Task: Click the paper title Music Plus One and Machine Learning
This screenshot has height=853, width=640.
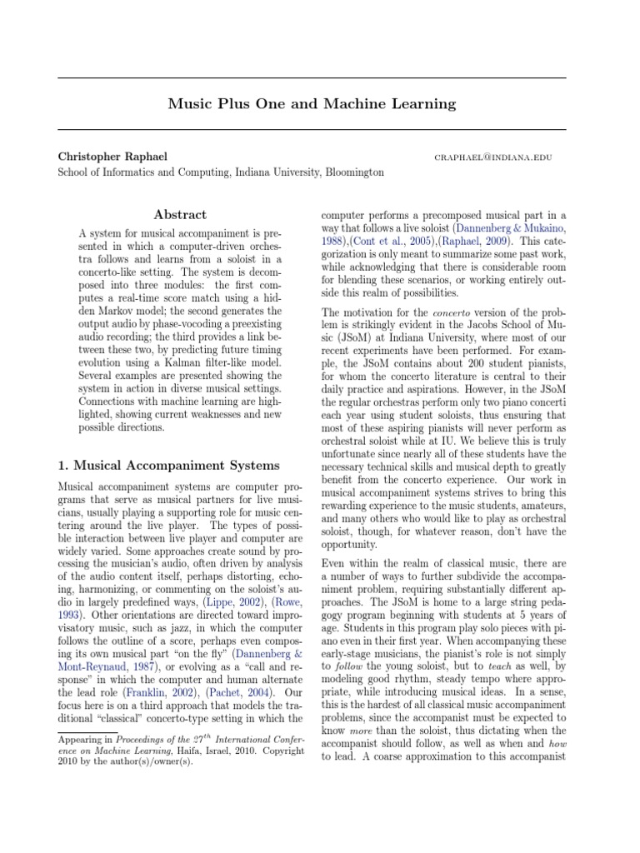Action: [312, 104]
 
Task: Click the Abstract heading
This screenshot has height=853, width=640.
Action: [180, 215]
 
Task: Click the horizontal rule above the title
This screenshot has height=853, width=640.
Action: [312, 78]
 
